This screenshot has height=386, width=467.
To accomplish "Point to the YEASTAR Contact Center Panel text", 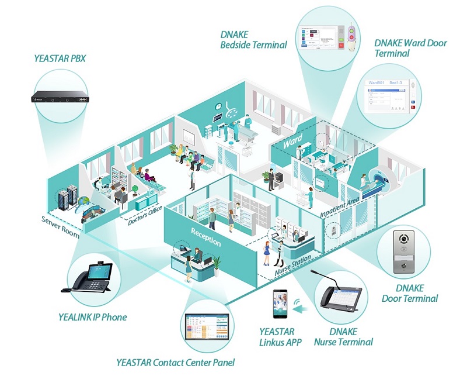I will (175, 363).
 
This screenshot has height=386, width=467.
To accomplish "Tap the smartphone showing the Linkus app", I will (281, 304).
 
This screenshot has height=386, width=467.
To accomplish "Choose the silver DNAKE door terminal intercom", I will (403, 252).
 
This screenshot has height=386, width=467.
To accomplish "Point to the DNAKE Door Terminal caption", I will (409, 293).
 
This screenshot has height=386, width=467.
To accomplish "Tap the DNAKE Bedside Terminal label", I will (253, 39).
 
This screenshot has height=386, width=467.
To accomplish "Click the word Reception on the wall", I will (205, 237).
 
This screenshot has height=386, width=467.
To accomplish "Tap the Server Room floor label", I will (60, 223).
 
